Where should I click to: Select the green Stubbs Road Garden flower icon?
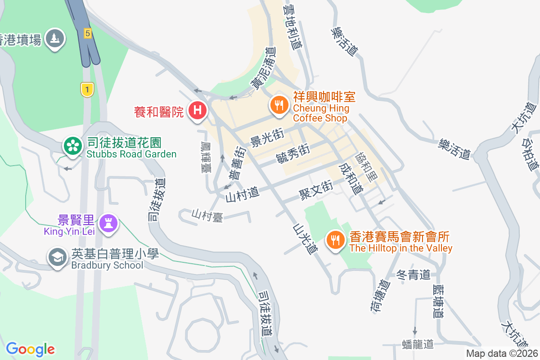pyautogui.click(x=72, y=145)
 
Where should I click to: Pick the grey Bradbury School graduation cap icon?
pyautogui.click(x=58, y=257)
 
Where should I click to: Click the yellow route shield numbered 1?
pyautogui.click(x=87, y=89)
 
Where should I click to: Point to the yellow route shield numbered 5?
pyautogui.click(x=88, y=33)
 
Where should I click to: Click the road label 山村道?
pyautogui.click(x=243, y=194)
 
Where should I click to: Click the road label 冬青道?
pyautogui.click(x=414, y=274)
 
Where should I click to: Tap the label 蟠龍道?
pyautogui.click(x=417, y=344)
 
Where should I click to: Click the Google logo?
pyautogui.click(x=31, y=349)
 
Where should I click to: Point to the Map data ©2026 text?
pyautogui.click(x=502, y=353)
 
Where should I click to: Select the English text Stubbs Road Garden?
pyautogui.click(x=131, y=154)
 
